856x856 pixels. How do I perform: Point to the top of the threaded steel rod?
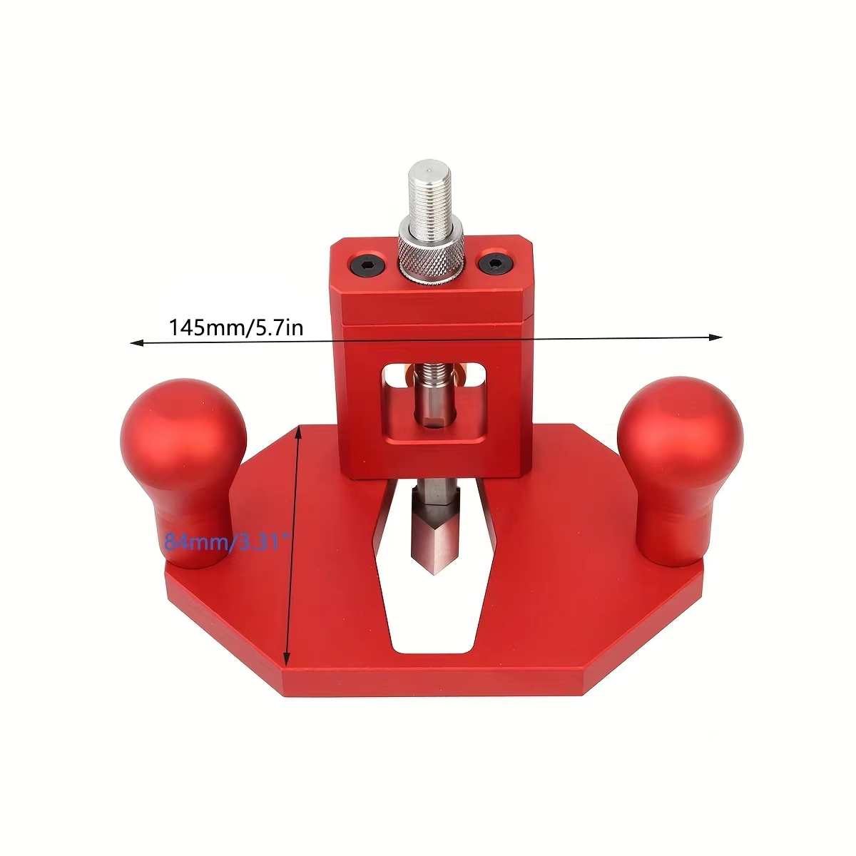(x=430, y=167)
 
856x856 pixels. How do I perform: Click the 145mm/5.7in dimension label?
(x=236, y=327)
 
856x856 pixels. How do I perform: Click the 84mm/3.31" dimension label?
(x=227, y=542)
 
